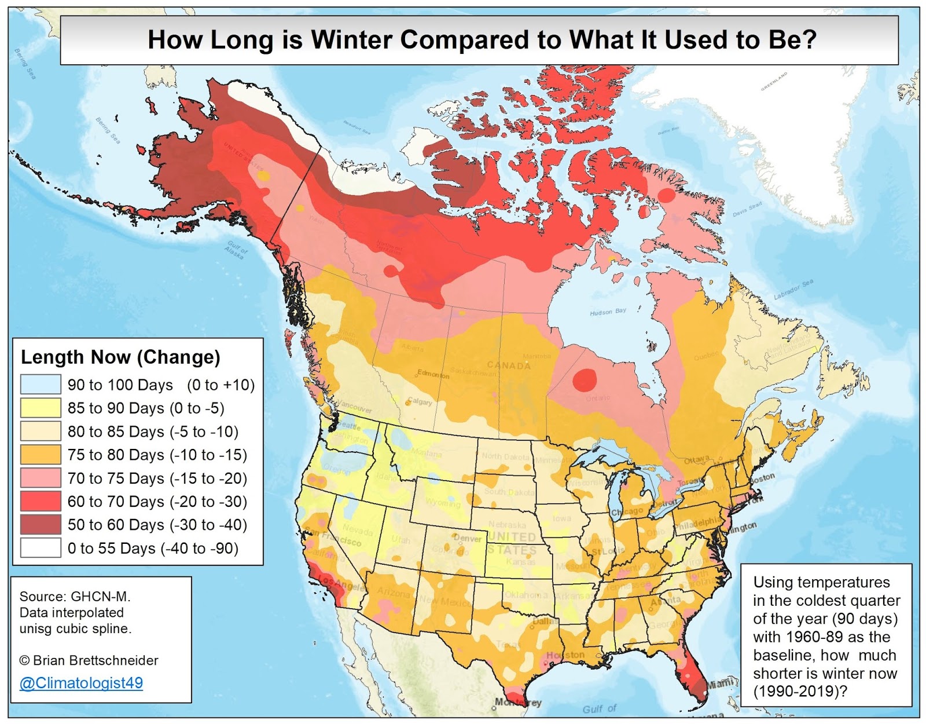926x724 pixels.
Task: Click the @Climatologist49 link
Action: point(81,683)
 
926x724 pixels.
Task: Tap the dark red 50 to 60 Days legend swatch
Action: point(41,525)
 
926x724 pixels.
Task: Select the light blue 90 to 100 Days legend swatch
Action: point(41,385)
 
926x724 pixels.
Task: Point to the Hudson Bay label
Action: point(608,312)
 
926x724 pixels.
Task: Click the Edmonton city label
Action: point(433,374)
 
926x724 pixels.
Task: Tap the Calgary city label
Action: point(420,401)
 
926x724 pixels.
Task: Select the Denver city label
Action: point(468,538)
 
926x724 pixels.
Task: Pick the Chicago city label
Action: point(627,511)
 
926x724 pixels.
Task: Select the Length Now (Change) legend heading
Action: point(120,357)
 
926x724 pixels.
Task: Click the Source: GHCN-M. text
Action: point(75,596)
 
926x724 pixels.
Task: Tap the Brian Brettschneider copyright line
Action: point(89,660)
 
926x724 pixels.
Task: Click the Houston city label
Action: point(565,654)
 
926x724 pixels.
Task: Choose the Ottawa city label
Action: point(697,460)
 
